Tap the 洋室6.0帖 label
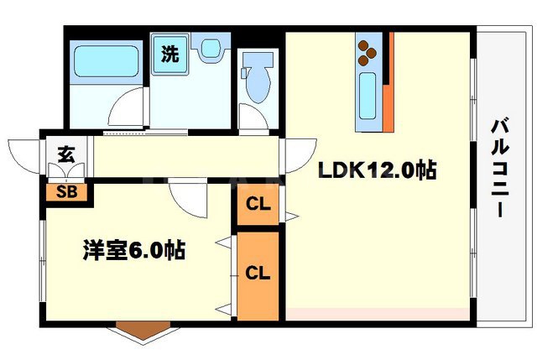[x=134, y=250]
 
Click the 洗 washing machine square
[x=170, y=55]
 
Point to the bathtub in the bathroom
[x=106, y=61]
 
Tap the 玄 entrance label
[x=65, y=154]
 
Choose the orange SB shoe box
[x=67, y=191]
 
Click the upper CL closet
[x=258, y=205]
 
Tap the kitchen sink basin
[x=367, y=94]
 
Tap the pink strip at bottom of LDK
[x=376, y=313]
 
